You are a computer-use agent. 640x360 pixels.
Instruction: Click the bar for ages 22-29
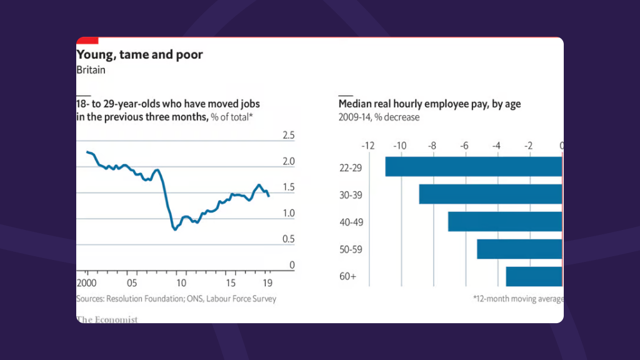(474, 166)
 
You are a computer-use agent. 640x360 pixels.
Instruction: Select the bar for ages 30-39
(491, 194)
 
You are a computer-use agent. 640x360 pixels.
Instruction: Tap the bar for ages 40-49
(505, 222)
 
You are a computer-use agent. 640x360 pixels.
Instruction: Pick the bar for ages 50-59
(519, 249)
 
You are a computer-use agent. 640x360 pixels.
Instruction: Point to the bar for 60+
(534, 276)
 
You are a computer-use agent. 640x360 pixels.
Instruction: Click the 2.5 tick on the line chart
(289, 136)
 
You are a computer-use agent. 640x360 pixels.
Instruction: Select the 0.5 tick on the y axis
(289, 239)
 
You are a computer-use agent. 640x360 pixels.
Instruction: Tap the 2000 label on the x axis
(86, 281)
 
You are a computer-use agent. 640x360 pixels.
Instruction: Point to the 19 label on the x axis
(267, 281)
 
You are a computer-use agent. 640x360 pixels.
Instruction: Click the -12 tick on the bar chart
(368, 146)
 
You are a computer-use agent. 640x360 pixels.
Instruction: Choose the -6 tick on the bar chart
(464, 146)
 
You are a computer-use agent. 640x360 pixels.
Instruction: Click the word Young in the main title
(93, 54)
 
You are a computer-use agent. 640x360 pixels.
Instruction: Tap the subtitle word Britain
(91, 70)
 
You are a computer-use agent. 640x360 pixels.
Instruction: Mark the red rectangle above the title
(87, 41)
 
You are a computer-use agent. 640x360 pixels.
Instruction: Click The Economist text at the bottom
(107, 319)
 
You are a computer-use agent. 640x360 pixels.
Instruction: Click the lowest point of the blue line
(175, 229)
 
